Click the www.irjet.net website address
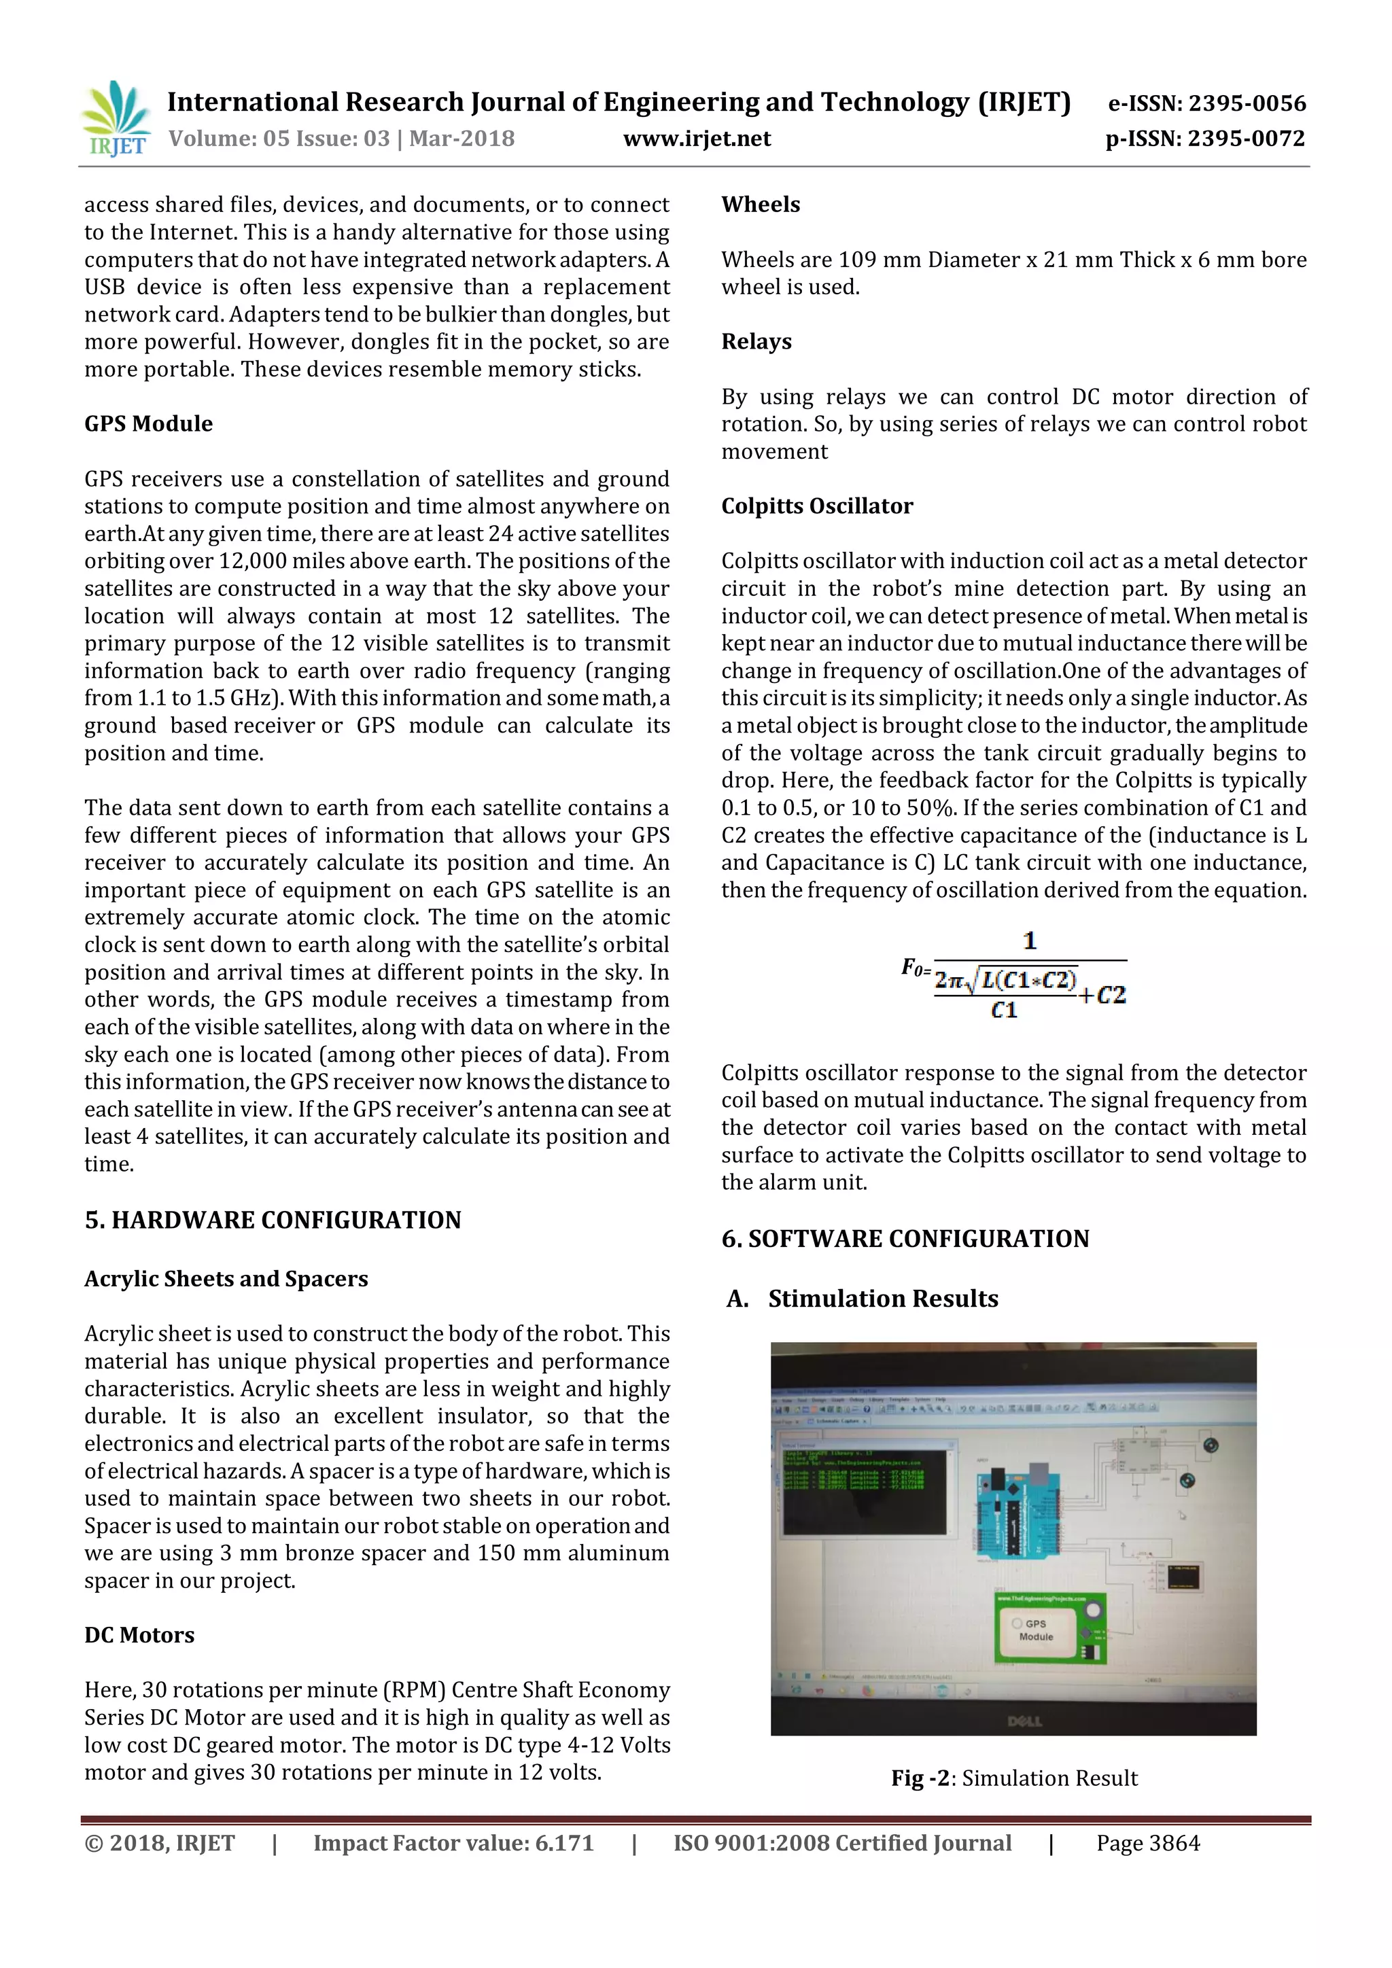pyautogui.click(x=696, y=139)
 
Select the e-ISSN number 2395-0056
pyautogui.click(x=1206, y=104)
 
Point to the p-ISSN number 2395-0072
pyautogui.click(x=1204, y=139)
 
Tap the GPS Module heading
pyautogui.click(x=148, y=423)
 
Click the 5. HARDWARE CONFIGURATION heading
pyautogui.click(x=273, y=1220)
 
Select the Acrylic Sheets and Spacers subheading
pyautogui.click(x=226, y=1278)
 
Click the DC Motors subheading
pyautogui.click(x=139, y=1634)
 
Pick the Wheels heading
pyautogui.click(x=761, y=204)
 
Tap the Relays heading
pyautogui.click(x=756, y=341)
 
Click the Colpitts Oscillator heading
pyautogui.click(x=817, y=506)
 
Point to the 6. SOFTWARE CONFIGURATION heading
pyautogui.click(x=904, y=1239)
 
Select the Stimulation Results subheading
pyautogui.click(x=882, y=1299)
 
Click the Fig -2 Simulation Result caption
pyautogui.click(x=1014, y=1778)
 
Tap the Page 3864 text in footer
pyautogui.click(x=1148, y=1843)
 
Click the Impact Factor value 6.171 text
pyautogui.click(x=453, y=1843)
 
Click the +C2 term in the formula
pyautogui.click(x=1102, y=995)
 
